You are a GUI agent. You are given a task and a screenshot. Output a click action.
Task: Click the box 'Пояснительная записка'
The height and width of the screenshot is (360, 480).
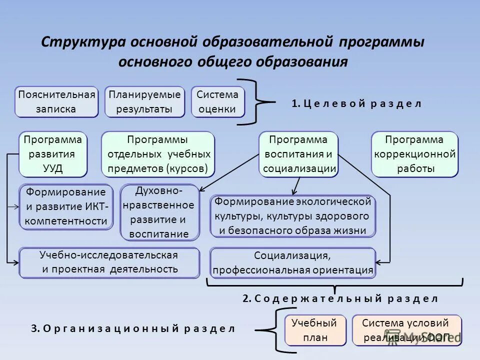(x=56, y=102)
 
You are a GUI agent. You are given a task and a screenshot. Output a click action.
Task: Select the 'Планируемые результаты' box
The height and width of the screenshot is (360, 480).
(x=144, y=102)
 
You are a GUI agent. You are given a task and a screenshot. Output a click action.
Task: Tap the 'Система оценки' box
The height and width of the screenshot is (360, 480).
(x=217, y=102)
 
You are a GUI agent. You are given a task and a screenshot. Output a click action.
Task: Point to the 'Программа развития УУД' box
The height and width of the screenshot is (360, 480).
(x=53, y=154)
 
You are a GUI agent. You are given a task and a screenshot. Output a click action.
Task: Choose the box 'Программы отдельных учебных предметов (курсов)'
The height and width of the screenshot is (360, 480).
(x=158, y=154)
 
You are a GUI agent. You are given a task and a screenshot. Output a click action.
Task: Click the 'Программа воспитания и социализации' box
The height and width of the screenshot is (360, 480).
(x=298, y=154)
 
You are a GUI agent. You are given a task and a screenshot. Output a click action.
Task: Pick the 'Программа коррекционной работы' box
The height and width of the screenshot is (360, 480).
(x=414, y=154)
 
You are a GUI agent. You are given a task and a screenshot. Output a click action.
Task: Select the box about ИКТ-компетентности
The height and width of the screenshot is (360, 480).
(x=66, y=206)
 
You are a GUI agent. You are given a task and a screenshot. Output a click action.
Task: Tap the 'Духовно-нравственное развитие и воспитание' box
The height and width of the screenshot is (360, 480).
(x=159, y=212)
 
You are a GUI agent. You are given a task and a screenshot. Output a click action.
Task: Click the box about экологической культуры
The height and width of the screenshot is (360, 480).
(x=292, y=216)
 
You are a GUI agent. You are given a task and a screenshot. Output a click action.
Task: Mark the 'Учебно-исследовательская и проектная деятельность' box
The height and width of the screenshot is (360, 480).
(x=109, y=262)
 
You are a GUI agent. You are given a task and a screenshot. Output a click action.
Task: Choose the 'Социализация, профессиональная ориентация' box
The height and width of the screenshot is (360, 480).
(x=292, y=263)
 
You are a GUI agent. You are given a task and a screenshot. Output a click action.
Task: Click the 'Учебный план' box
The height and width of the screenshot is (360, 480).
(x=315, y=330)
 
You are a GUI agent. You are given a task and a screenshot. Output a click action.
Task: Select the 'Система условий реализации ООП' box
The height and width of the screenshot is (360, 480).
(x=406, y=330)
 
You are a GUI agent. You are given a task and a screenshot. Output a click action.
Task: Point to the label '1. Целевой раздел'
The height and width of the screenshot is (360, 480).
(x=356, y=104)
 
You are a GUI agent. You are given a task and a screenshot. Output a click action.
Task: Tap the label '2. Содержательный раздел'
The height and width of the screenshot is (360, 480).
(x=340, y=298)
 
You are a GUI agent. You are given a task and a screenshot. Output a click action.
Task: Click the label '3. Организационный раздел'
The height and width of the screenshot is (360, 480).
(x=132, y=328)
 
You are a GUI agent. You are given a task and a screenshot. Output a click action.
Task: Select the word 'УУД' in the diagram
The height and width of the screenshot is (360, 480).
(x=53, y=168)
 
